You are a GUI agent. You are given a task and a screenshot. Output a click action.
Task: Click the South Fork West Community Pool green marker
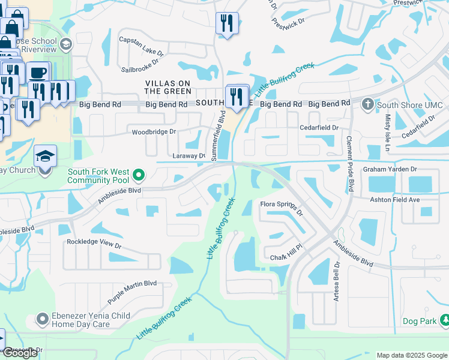139,175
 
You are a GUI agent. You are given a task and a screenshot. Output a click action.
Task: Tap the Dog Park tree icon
444,320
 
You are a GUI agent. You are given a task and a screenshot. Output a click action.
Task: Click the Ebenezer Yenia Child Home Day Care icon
42,319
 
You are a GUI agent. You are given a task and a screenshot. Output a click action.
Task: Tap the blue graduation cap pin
44,157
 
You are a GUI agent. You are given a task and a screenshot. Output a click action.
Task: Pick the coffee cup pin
38,73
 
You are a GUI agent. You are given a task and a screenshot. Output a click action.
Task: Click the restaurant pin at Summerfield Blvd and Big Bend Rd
237,96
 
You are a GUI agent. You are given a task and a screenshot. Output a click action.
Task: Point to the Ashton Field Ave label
393,199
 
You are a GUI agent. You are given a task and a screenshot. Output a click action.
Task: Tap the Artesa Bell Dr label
337,281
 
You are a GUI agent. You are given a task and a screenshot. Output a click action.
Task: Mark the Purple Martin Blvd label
132,292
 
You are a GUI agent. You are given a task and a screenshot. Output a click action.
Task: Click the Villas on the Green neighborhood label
168,87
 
